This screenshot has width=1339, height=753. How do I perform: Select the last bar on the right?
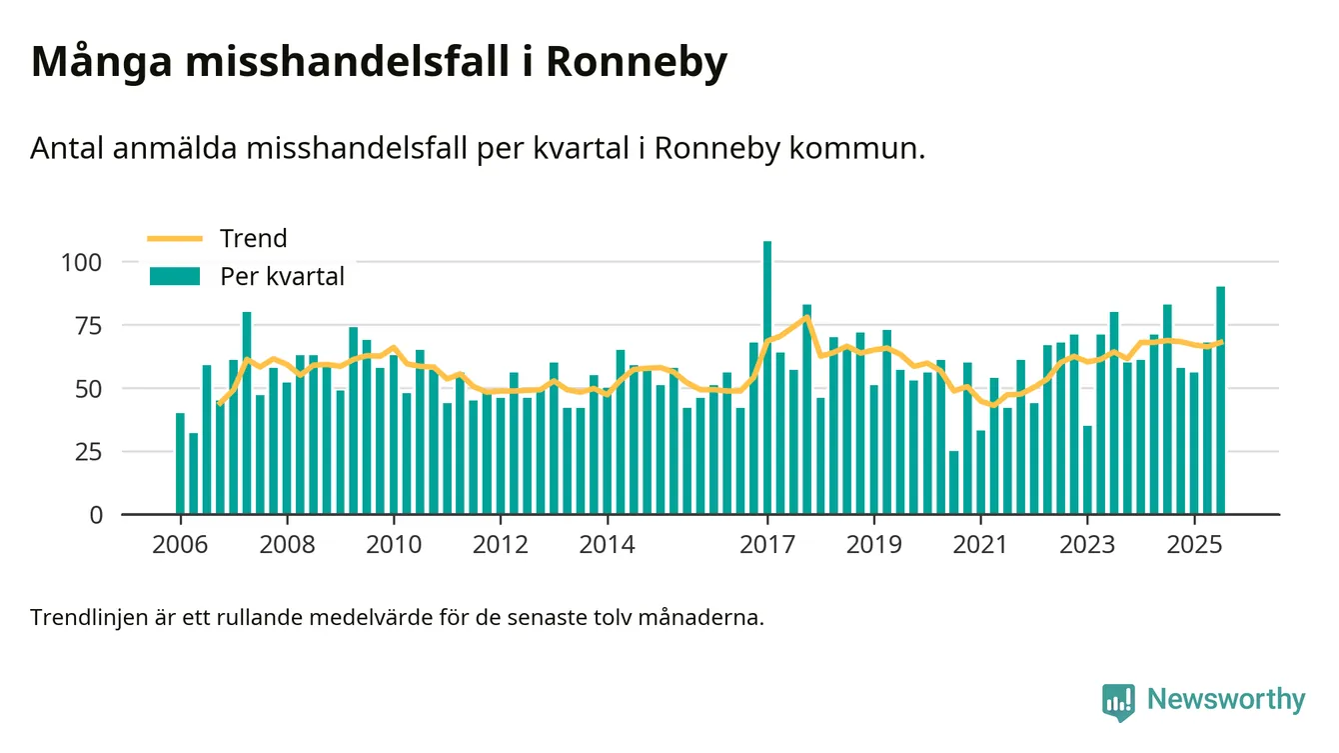[1220, 400]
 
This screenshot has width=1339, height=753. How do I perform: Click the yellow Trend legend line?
[175, 238]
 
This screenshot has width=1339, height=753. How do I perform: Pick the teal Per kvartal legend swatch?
[175, 276]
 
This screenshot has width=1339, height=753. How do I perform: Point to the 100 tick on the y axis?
[82, 262]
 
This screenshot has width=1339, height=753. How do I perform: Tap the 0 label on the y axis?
[96, 515]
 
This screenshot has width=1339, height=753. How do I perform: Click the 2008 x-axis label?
[287, 546]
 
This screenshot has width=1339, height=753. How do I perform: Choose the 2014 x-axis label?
[607, 546]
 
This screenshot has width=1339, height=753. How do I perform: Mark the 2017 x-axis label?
[767, 546]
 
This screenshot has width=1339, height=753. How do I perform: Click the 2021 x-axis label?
[980, 546]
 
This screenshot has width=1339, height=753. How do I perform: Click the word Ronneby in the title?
[637, 62]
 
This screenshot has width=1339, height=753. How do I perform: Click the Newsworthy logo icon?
[1118, 701]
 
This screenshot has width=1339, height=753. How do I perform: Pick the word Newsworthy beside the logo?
[1226, 699]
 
